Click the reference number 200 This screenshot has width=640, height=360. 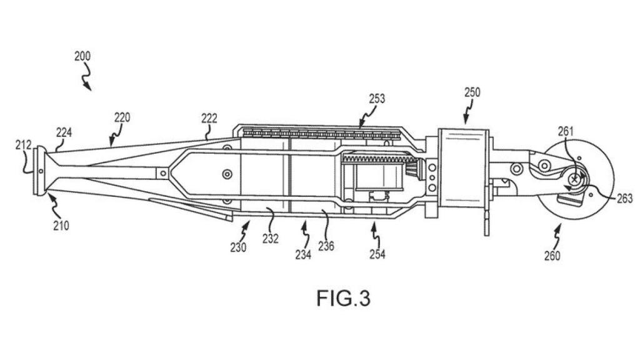(82, 56)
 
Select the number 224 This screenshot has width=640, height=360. (64, 132)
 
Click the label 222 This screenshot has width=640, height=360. (209, 118)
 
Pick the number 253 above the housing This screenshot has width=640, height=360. (377, 99)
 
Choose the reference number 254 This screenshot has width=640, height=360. (377, 254)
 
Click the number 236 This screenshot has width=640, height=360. (326, 246)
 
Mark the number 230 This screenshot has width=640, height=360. (237, 247)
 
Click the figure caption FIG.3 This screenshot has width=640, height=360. (343, 298)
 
